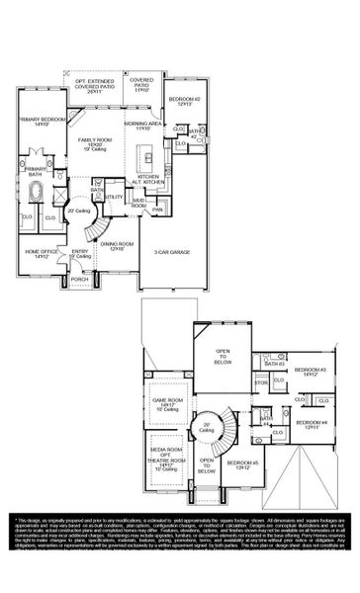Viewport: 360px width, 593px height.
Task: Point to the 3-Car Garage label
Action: tap(171, 252)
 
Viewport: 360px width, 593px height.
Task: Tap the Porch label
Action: tap(79, 280)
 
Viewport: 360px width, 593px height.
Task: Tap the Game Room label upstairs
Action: tap(159, 404)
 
